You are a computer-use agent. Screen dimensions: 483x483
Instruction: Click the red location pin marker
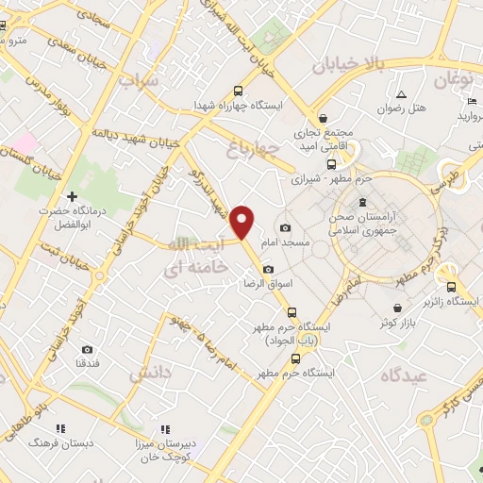243,221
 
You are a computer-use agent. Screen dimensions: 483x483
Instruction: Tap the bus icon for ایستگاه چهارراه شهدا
237,92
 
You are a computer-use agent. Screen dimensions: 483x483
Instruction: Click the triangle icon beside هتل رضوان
401,94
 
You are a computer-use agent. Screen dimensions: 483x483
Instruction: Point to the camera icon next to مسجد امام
285,228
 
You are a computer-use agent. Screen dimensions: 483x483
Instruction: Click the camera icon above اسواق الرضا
268,270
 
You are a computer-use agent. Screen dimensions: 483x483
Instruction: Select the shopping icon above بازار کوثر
398,308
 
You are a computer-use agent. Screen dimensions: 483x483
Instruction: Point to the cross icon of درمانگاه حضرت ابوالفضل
71,196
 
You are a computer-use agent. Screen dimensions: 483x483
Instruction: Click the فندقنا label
88,363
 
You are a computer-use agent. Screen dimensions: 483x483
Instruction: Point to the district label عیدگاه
405,375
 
